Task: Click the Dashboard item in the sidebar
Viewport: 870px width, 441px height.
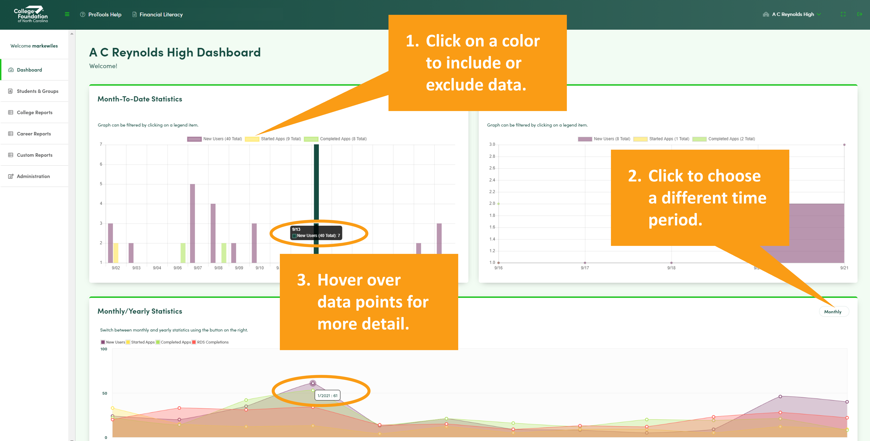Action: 29,70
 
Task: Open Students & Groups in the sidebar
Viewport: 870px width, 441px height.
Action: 37,91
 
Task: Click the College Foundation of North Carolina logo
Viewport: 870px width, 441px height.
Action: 31,14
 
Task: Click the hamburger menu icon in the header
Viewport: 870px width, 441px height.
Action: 67,14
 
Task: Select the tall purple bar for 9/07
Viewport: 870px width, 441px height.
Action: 193,223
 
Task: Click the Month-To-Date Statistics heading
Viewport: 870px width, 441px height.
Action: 140,99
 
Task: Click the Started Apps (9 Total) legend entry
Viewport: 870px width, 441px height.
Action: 273,139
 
